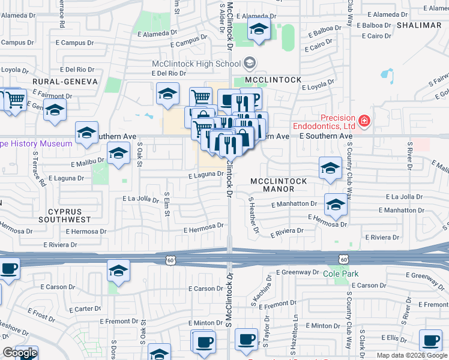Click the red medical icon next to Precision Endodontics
point(364,122)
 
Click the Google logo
point(20,353)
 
